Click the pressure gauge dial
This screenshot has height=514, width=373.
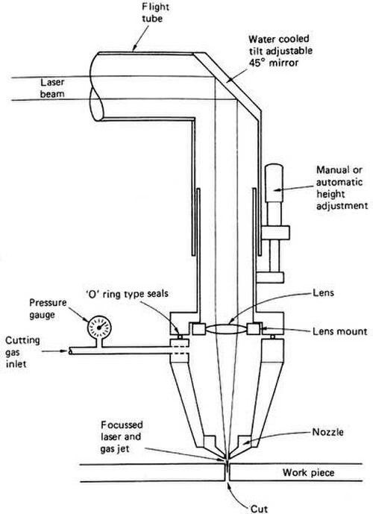coord(99,327)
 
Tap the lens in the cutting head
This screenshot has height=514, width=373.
coord(227,329)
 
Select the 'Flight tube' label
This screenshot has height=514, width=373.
coord(152,13)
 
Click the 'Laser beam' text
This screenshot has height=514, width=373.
coord(52,88)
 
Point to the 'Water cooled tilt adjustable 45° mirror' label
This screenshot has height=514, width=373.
coord(280,51)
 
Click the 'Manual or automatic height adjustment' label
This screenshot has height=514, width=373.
coord(342,188)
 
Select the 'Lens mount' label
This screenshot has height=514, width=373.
coord(340,331)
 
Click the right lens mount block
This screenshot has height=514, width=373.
coord(254,329)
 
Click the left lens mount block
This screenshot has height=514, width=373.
coord(199,329)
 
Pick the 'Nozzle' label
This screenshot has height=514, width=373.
coord(327,432)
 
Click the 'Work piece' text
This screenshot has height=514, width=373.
coord(308,473)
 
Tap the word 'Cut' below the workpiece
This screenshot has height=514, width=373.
coord(259,509)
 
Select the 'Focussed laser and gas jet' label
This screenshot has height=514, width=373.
coord(122,436)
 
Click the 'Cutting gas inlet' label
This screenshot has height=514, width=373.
coord(22,352)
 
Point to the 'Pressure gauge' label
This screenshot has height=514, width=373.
coord(48,308)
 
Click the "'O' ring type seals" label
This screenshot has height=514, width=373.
coord(127,293)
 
